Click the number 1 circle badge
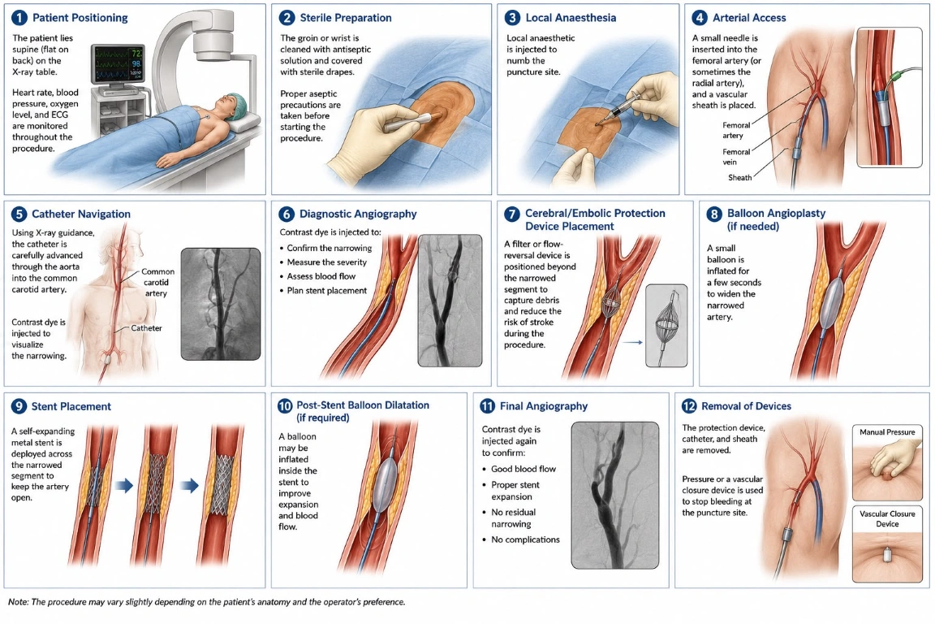[19, 18]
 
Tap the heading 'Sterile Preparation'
[346, 18]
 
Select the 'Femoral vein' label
[736, 157]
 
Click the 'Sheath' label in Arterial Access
[739, 177]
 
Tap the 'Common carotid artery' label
[157, 282]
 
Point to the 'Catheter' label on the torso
[146, 327]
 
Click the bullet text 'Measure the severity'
[327, 262]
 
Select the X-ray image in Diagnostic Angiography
[450, 301]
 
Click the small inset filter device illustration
[666, 326]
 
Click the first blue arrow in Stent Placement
[124, 485]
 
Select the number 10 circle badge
[285, 406]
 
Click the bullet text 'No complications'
[525, 539]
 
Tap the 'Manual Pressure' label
[887, 431]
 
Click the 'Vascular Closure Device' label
[887, 518]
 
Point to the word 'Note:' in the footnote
[19, 602]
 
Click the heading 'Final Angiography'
[544, 406]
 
